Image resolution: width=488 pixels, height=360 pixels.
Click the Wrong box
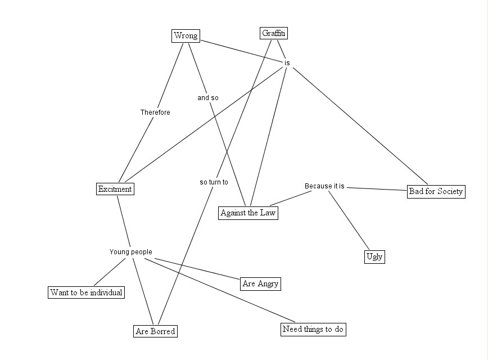point(186,36)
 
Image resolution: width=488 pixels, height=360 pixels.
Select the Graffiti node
point(274,33)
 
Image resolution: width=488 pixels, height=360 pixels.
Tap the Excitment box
point(115,189)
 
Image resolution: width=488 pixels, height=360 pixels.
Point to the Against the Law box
point(248,213)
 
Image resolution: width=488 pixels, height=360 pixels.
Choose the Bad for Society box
point(436,191)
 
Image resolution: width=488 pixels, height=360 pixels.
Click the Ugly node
point(374,256)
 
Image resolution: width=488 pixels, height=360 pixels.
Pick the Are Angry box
point(260,283)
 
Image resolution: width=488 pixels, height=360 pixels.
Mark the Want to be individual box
point(86,292)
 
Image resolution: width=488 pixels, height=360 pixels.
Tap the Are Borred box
point(156,331)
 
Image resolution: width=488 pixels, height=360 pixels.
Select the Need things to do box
point(313,329)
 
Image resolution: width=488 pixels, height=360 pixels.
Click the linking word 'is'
point(287,63)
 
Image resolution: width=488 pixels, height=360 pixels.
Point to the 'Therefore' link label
point(155,112)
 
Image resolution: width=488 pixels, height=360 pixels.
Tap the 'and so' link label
point(207,98)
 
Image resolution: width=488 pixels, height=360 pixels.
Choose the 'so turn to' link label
point(214,182)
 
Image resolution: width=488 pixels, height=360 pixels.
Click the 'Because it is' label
point(324,186)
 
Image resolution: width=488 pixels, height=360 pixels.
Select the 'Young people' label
point(130,252)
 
